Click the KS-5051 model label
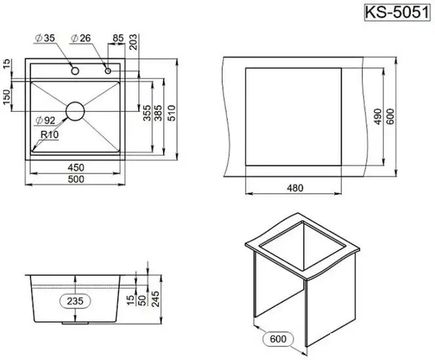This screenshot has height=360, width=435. click(x=399, y=12)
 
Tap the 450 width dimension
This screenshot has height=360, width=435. click(x=73, y=166)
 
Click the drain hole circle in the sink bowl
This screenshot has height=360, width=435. click(x=75, y=110)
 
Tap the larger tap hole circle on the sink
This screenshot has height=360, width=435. click(x=75, y=69)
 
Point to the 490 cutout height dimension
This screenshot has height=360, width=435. click(x=378, y=117)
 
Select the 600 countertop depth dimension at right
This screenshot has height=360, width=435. click(x=392, y=117)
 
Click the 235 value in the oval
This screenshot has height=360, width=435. click(x=75, y=300)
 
